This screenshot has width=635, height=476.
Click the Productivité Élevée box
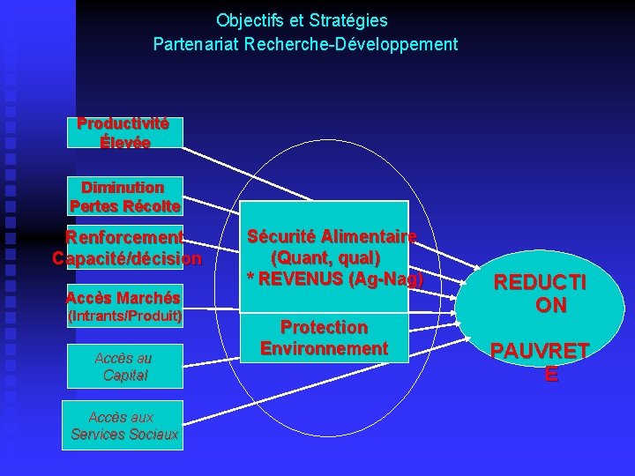[124, 133]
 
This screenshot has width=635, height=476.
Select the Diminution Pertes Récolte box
[124, 197]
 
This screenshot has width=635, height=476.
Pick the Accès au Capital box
[123, 366]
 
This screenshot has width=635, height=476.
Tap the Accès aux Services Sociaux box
[124, 426]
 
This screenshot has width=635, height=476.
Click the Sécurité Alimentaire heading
[332, 237]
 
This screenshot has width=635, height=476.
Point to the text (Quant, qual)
[325, 258]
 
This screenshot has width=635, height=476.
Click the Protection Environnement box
[325, 338]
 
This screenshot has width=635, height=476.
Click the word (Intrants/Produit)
[124, 315]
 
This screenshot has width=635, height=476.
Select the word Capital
[124, 376]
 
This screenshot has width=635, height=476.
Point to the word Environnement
[325, 348]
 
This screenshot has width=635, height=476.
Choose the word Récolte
[151, 206]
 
